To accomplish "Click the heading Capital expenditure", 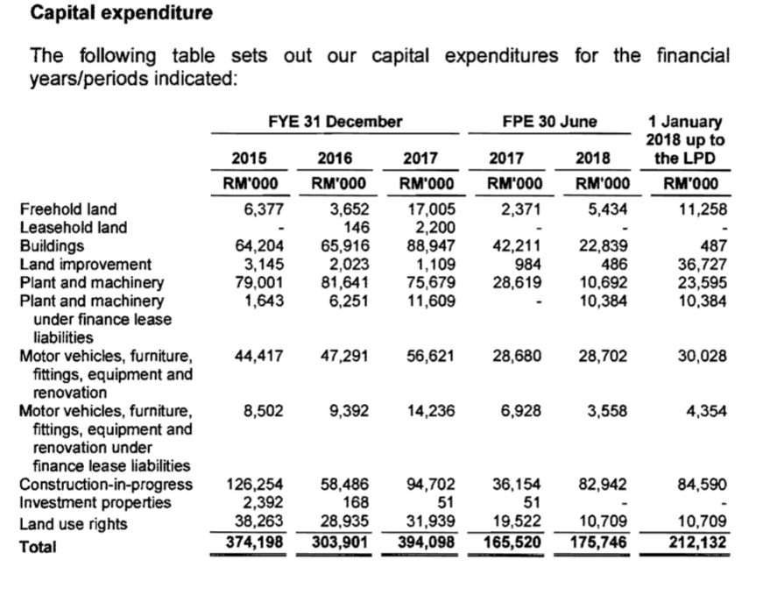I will click(121, 14).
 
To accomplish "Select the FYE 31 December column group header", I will click(335, 122).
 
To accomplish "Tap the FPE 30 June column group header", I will click(549, 122).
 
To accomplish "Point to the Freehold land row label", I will click(68, 209).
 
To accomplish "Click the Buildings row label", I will click(52, 246).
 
